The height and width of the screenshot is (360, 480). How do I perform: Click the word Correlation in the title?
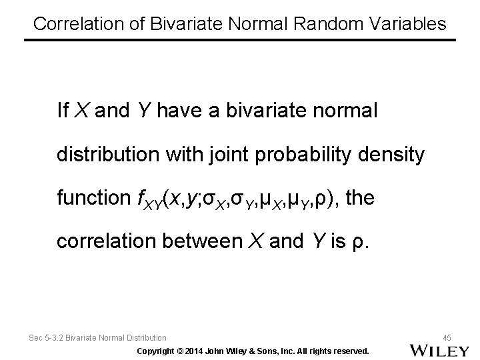[72, 24]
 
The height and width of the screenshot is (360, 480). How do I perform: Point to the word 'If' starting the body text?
[63, 111]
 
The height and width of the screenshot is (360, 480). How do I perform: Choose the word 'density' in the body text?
[390, 155]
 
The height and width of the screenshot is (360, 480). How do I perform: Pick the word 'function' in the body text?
[94, 198]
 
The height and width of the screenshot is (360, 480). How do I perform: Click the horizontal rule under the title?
[240, 40]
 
